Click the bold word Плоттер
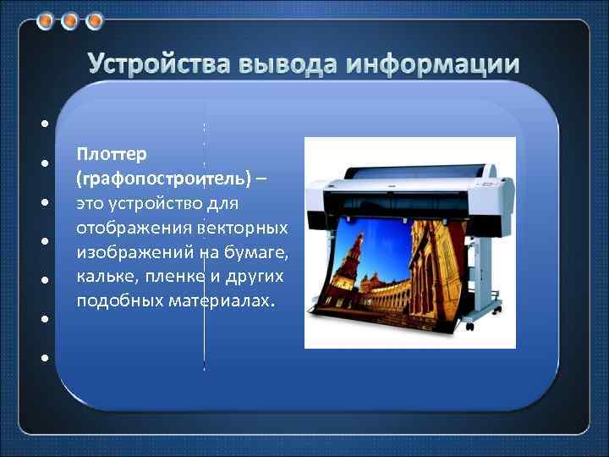click(111, 154)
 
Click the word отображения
click(130, 228)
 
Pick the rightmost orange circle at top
click(95, 19)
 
